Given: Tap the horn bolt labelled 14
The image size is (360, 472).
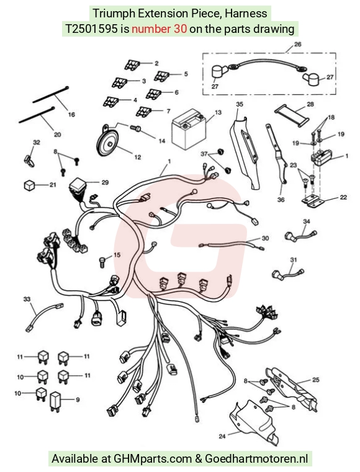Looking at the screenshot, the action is pyautogui.click(x=135, y=128).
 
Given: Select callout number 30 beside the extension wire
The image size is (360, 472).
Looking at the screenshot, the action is pyautogui.click(x=265, y=238).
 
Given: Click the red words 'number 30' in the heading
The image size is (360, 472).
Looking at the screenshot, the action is pyautogui.click(x=159, y=29).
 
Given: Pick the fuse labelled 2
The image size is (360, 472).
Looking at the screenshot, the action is pyautogui.click(x=132, y=65).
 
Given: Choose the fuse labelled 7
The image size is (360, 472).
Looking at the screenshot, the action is pyautogui.click(x=143, y=112).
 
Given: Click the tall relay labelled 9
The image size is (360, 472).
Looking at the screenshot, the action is pyautogui.click(x=55, y=402).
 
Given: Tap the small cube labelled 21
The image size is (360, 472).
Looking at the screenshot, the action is pyautogui.click(x=30, y=185).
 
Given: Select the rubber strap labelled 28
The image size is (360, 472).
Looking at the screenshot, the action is pyautogui.click(x=292, y=114).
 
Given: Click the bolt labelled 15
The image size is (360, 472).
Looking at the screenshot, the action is pyautogui.click(x=102, y=261).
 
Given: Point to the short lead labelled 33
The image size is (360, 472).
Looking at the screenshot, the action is pyautogui.click(x=45, y=318).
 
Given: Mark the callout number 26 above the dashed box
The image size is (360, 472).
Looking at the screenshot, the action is pyautogui.click(x=298, y=44).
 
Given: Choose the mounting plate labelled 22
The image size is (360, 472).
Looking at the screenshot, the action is pyautogui.click(x=312, y=202).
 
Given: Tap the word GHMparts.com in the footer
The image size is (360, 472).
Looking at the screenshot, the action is pyautogui.click(x=153, y=459).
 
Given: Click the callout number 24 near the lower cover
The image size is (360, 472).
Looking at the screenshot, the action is pyautogui.click(x=222, y=436).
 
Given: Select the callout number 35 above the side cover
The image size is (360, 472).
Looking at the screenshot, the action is pyautogui.click(x=240, y=104).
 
